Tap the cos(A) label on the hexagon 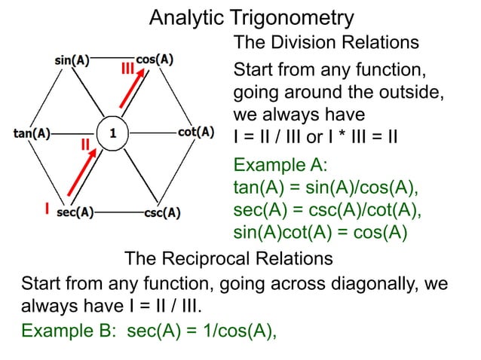point(155,59)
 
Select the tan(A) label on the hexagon point(32,135)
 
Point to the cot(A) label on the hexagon point(195,133)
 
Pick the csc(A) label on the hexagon point(161,212)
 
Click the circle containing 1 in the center point(112,134)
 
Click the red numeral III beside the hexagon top point(128,70)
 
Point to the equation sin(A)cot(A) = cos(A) point(320,232)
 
